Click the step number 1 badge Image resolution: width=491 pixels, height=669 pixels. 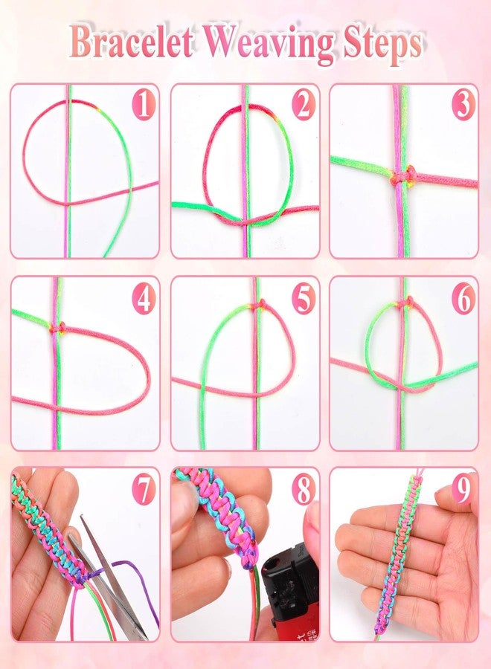(143, 105)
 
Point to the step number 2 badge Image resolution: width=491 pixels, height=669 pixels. (304, 105)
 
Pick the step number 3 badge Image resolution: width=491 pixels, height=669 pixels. (463, 105)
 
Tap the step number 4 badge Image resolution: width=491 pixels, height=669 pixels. (143, 299)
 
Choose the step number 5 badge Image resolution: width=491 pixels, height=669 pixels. (304, 299)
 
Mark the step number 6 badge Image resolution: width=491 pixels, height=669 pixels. (463, 299)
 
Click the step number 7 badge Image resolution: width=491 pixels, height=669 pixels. (143, 490)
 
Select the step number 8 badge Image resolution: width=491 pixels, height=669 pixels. (304, 490)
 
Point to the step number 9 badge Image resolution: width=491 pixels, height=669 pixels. (463, 490)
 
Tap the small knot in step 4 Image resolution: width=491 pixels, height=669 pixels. (57, 328)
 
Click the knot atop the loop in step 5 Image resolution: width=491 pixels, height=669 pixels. (257, 305)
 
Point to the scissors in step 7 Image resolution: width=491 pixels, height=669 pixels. (106, 576)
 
